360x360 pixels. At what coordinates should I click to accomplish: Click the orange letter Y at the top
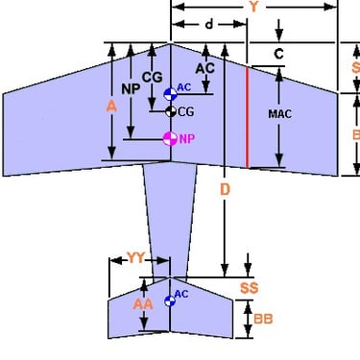pos(253,6)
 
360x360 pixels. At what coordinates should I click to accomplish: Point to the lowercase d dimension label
pos(209,22)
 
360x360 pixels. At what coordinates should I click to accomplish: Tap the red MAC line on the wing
pos(249,115)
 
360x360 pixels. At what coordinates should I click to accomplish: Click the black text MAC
pos(279,113)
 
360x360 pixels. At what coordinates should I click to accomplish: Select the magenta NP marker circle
pos(170,139)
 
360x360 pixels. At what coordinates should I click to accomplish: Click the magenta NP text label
pos(186,138)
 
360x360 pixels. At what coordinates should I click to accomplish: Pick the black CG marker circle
pos(170,111)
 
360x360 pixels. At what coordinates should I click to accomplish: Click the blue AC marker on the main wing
pos(170,94)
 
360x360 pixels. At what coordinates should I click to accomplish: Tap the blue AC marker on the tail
pos(170,300)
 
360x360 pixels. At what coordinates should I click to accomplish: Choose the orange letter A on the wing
pos(111,108)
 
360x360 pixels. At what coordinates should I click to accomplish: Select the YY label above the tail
pos(137,258)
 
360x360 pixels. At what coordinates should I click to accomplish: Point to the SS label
pos(248,287)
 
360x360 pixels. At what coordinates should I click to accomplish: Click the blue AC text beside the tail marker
pos(181,294)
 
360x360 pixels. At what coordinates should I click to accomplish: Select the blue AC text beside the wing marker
pos(185,88)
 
